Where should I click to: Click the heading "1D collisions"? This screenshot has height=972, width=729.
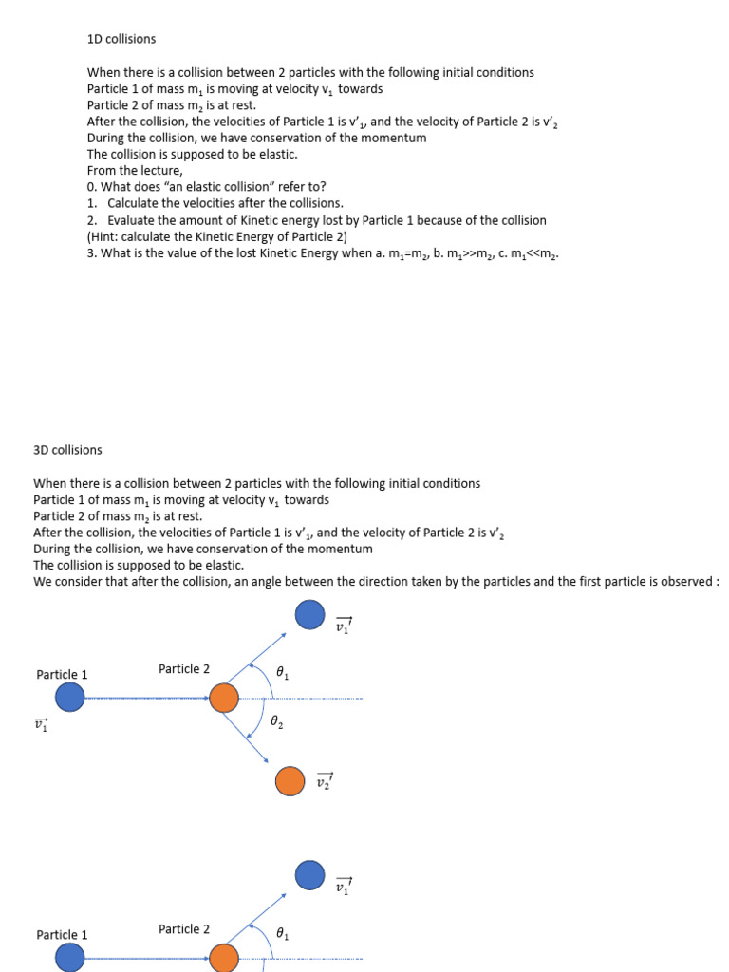click(x=121, y=40)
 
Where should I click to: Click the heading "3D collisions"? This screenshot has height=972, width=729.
click(x=67, y=450)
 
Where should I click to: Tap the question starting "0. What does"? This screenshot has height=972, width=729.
click(x=206, y=187)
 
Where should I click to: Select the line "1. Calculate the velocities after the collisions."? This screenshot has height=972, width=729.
click(x=215, y=203)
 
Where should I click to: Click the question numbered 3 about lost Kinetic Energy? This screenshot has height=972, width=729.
click(x=323, y=253)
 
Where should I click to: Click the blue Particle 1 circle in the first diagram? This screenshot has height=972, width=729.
click(x=69, y=698)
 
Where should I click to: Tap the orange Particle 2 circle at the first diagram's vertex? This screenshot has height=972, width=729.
click(x=224, y=698)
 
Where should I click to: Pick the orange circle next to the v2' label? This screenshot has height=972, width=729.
click(x=290, y=781)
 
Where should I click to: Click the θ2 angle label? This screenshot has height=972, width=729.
click(x=277, y=723)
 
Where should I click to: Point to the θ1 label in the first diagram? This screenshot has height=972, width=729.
click(x=282, y=672)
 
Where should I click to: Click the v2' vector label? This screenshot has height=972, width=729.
click(x=325, y=781)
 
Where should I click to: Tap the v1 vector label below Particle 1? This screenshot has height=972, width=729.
click(x=41, y=724)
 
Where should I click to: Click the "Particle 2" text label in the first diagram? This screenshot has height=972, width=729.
click(x=184, y=669)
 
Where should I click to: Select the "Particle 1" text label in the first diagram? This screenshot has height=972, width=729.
click(x=62, y=675)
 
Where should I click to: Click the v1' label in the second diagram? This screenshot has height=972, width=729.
click(x=344, y=887)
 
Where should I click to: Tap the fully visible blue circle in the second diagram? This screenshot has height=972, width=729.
click(x=309, y=874)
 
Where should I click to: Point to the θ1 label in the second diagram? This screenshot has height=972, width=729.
click(x=282, y=934)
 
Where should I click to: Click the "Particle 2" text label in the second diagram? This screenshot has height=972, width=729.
click(x=184, y=929)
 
